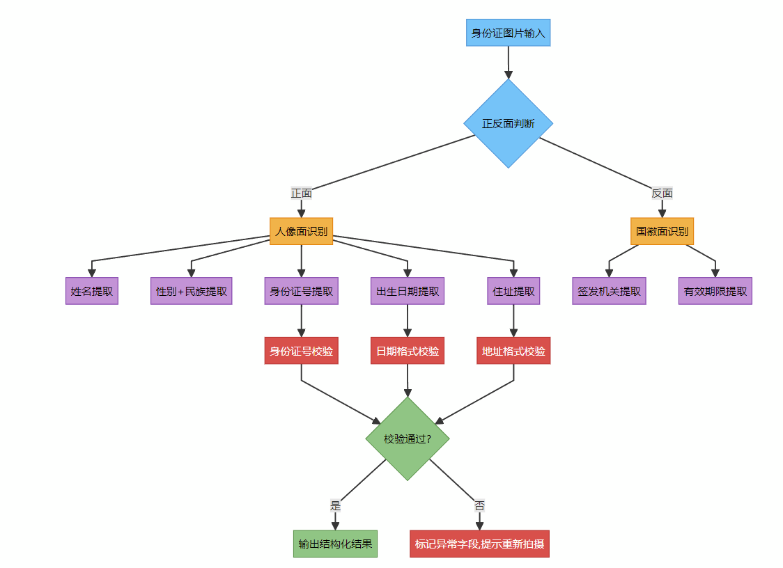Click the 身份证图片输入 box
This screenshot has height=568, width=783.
coord(508,33)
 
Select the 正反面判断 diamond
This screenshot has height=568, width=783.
coord(508,123)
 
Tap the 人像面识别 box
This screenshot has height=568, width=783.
coord(301,231)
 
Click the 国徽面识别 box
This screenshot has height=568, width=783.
coord(662,231)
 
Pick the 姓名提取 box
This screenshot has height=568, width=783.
coord(92,291)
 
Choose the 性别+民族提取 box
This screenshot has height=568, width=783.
coord(192,291)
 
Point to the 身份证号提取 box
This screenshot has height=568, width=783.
coord(301,291)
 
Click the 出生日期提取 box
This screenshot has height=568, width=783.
coord(408,291)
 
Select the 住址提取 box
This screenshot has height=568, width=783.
coord(513,291)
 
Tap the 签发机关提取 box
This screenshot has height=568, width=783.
coord(609,291)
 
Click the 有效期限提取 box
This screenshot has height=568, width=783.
coord(715,291)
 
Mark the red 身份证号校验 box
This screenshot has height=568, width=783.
coord(301,351)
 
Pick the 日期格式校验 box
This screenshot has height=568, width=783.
coord(408,351)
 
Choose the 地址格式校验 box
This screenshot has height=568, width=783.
coord(513,351)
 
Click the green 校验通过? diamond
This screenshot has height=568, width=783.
coord(408,439)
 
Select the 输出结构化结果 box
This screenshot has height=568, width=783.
coord(335,544)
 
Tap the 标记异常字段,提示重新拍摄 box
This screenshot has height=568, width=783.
coord(479,544)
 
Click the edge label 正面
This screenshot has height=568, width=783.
coord(301,193)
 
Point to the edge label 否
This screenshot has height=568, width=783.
coord(479,505)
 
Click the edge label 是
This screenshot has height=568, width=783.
coord(335,505)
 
